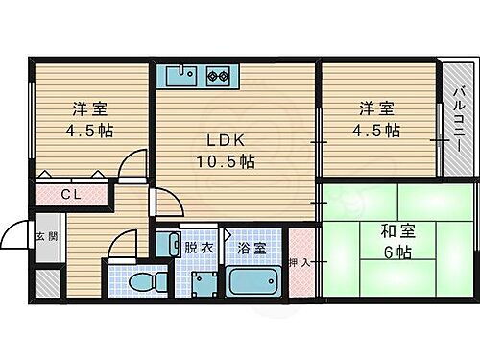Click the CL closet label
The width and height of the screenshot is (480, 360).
pos(71,195)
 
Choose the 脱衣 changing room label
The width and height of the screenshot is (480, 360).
pos(201,247)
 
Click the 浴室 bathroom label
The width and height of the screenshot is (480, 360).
pos(252,247)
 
